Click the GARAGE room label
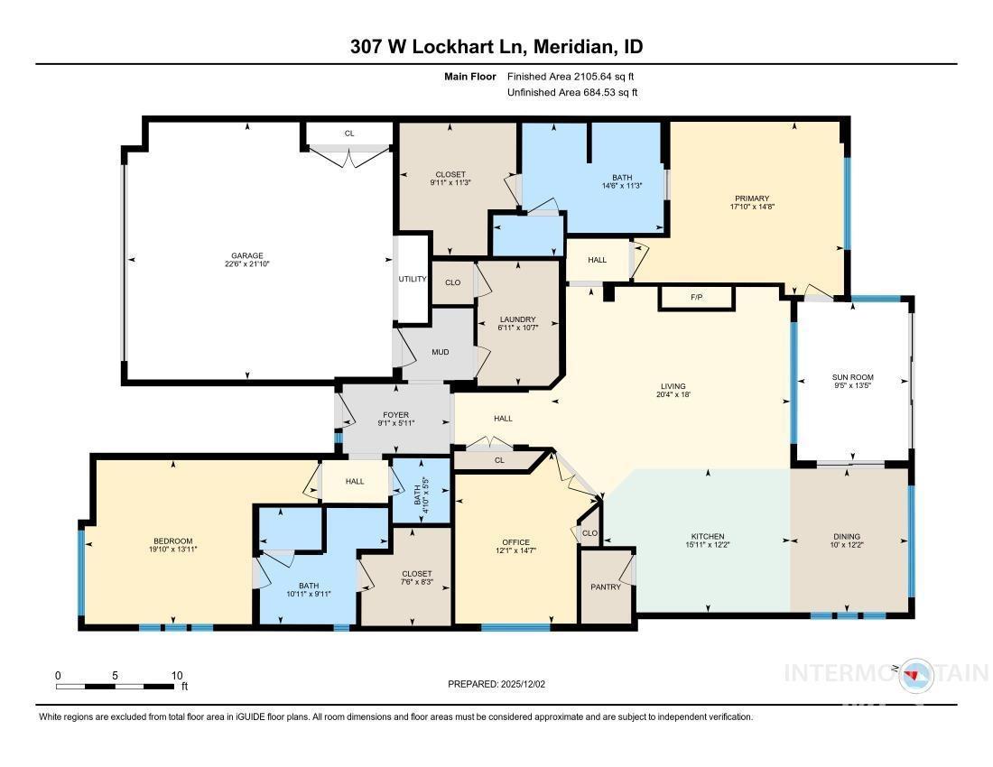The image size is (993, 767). tap(247, 255)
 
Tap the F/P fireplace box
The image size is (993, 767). tap(696, 298)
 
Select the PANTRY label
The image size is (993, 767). tap(606, 587)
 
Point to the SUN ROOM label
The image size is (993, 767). tap(852, 377)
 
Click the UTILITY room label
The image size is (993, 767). tap(413, 279)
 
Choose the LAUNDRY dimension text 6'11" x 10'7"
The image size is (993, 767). tap(517, 328)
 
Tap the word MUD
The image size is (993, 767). tap(441, 352)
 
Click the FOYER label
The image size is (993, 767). tap(395, 415)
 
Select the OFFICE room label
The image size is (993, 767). tap(515, 542)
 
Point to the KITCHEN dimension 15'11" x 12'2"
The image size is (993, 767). tap(708, 544)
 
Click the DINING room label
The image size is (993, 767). tap(847, 536)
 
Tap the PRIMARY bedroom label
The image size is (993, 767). tap(752, 199)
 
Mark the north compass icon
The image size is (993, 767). tap(914, 675)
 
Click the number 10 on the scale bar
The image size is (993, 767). tap(177, 675)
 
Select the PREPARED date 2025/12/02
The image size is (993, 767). tap(523, 684)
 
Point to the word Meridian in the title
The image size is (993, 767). tap(574, 46)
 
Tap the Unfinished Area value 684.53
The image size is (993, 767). tap(600, 92)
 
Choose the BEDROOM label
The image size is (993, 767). tap(173, 541)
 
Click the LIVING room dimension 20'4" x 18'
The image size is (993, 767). tap(673, 394)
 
